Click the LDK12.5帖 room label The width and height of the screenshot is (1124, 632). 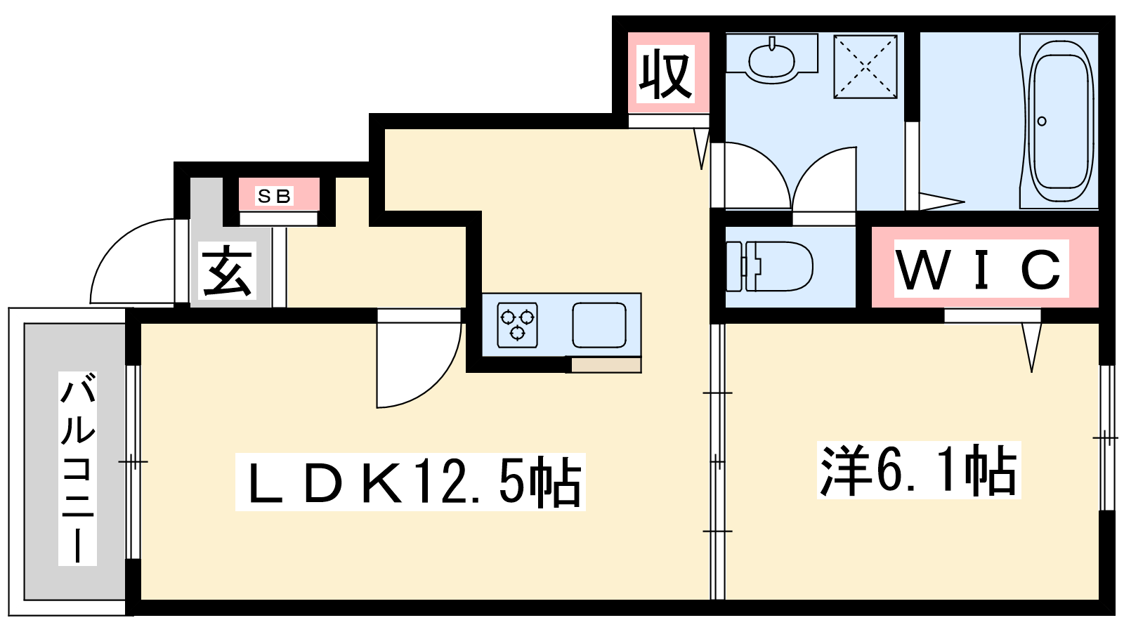[410, 482]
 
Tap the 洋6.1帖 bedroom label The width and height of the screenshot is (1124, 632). [918, 470]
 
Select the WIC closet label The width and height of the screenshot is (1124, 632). [981, 269]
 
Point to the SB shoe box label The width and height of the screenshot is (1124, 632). [274, 196]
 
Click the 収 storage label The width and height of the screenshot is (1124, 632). [666, 76]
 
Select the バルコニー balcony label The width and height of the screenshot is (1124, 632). [78, 470]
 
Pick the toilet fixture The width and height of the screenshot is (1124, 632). [770, 266]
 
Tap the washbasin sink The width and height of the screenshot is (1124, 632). [771, 59]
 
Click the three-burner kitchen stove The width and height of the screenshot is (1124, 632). [517, 325]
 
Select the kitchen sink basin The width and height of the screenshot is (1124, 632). [599, 325]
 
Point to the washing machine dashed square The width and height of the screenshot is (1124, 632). [865, 66]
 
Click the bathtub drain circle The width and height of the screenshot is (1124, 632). [1042, 121]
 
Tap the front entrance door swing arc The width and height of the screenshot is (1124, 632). [133, 261]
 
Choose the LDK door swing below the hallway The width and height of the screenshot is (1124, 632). [419, 364]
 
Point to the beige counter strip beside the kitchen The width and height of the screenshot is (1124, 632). [606, 365]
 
